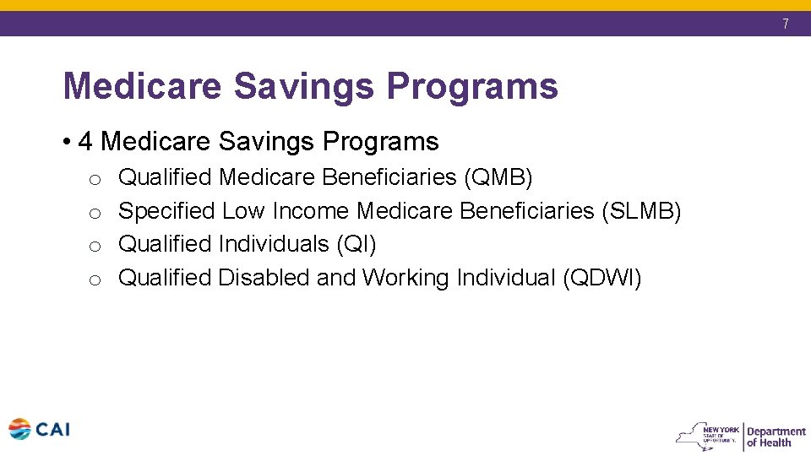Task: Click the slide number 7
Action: [x=785, y=24]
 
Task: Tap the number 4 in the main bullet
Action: [x=84, y=141]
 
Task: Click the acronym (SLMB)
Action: [x=641, y=210]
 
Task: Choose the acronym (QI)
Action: [x=356, y=244]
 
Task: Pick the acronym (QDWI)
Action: [x=602, y=277]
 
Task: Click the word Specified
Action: [x=166, y=210]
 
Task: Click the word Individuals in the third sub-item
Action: [x=274, y=244]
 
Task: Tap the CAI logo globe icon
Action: [x=19, y=429]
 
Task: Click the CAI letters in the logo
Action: [x=52, y=429]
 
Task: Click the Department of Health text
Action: [x=776, y=437]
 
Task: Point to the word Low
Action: [x=243, y=210]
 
